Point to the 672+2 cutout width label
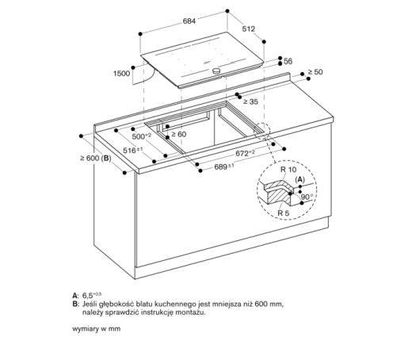pos(243,151)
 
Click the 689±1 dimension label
pos(225,166)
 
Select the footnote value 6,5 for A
pos(83,294)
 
